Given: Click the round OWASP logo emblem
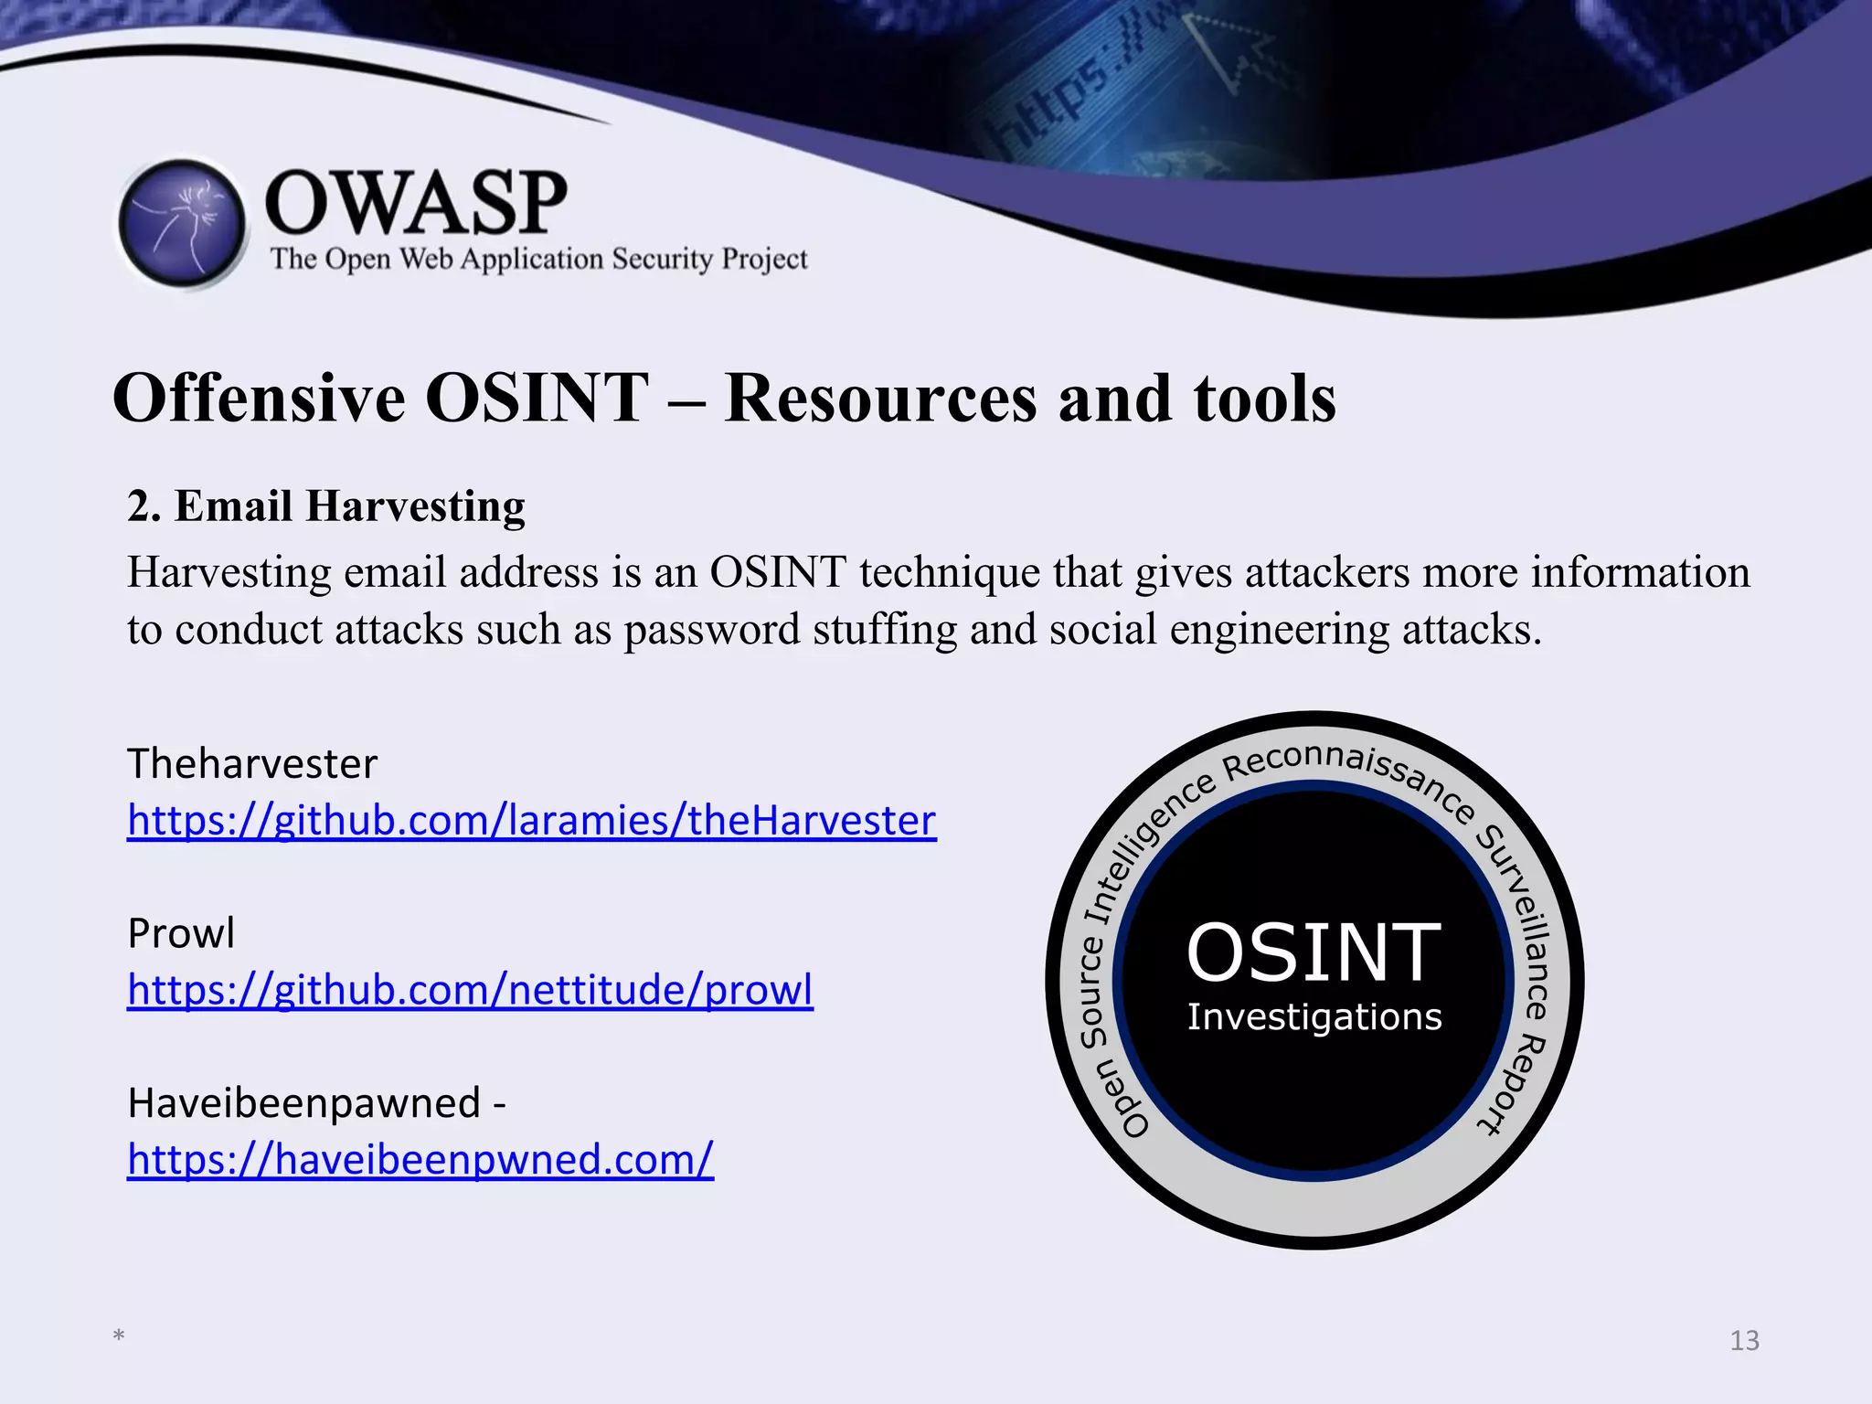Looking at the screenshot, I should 183,223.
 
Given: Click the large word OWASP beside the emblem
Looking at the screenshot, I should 416,203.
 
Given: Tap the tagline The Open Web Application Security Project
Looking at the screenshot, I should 538,260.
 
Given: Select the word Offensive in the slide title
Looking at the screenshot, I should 260,399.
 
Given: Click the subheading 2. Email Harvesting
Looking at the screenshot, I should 326,506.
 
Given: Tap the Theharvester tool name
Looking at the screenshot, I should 252,763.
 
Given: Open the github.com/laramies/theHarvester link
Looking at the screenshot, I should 531,820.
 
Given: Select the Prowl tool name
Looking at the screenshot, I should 181,933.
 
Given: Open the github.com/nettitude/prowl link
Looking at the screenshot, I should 470,990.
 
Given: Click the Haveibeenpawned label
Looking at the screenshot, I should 304,1103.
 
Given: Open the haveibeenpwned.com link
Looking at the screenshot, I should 420,1159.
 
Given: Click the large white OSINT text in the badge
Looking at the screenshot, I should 1314,953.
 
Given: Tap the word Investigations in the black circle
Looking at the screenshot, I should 1314,1017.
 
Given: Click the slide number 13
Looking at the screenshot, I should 1744,1341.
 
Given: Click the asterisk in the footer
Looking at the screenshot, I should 119,1336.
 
